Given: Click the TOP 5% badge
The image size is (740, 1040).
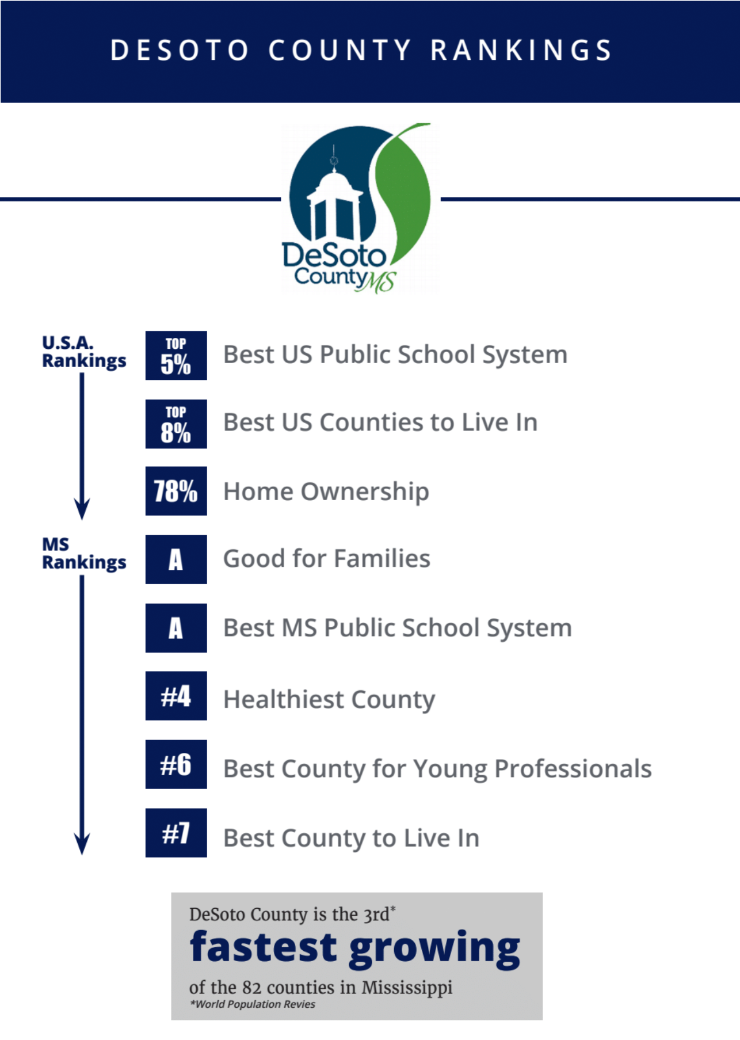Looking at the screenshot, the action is point(176,355).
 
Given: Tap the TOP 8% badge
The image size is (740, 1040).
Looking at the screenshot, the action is point(176,424).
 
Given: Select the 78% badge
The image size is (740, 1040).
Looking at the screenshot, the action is point(176,491).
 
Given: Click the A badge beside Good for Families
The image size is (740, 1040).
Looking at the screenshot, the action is point(176,559).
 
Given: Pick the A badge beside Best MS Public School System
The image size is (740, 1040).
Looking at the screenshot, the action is point(176,628).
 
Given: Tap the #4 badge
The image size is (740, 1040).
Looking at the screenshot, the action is point(176,696).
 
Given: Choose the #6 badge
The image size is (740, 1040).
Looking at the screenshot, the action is point(176,764).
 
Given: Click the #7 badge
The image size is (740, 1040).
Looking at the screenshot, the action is point(176,833).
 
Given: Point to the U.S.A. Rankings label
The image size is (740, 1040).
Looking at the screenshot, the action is point(84,352).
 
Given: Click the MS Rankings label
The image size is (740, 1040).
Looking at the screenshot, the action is point(84,553).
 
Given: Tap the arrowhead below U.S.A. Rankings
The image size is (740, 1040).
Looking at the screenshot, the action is point(82,509).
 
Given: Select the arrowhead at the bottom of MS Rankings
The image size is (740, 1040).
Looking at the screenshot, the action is point(82,844).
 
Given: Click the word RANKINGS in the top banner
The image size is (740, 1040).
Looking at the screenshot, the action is point(521,50).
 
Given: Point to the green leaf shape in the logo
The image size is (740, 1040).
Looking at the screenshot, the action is point(404,190).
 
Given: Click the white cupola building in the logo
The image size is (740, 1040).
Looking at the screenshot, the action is point(333,201).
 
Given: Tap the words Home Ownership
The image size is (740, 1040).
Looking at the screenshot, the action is point(326,492).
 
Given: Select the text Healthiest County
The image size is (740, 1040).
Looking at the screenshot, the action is point(329,700).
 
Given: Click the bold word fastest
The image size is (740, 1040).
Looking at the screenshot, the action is point(264,947).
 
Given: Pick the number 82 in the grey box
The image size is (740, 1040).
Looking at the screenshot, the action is point(251,988).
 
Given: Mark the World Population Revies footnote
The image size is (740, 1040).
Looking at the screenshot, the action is point(253,1004).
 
